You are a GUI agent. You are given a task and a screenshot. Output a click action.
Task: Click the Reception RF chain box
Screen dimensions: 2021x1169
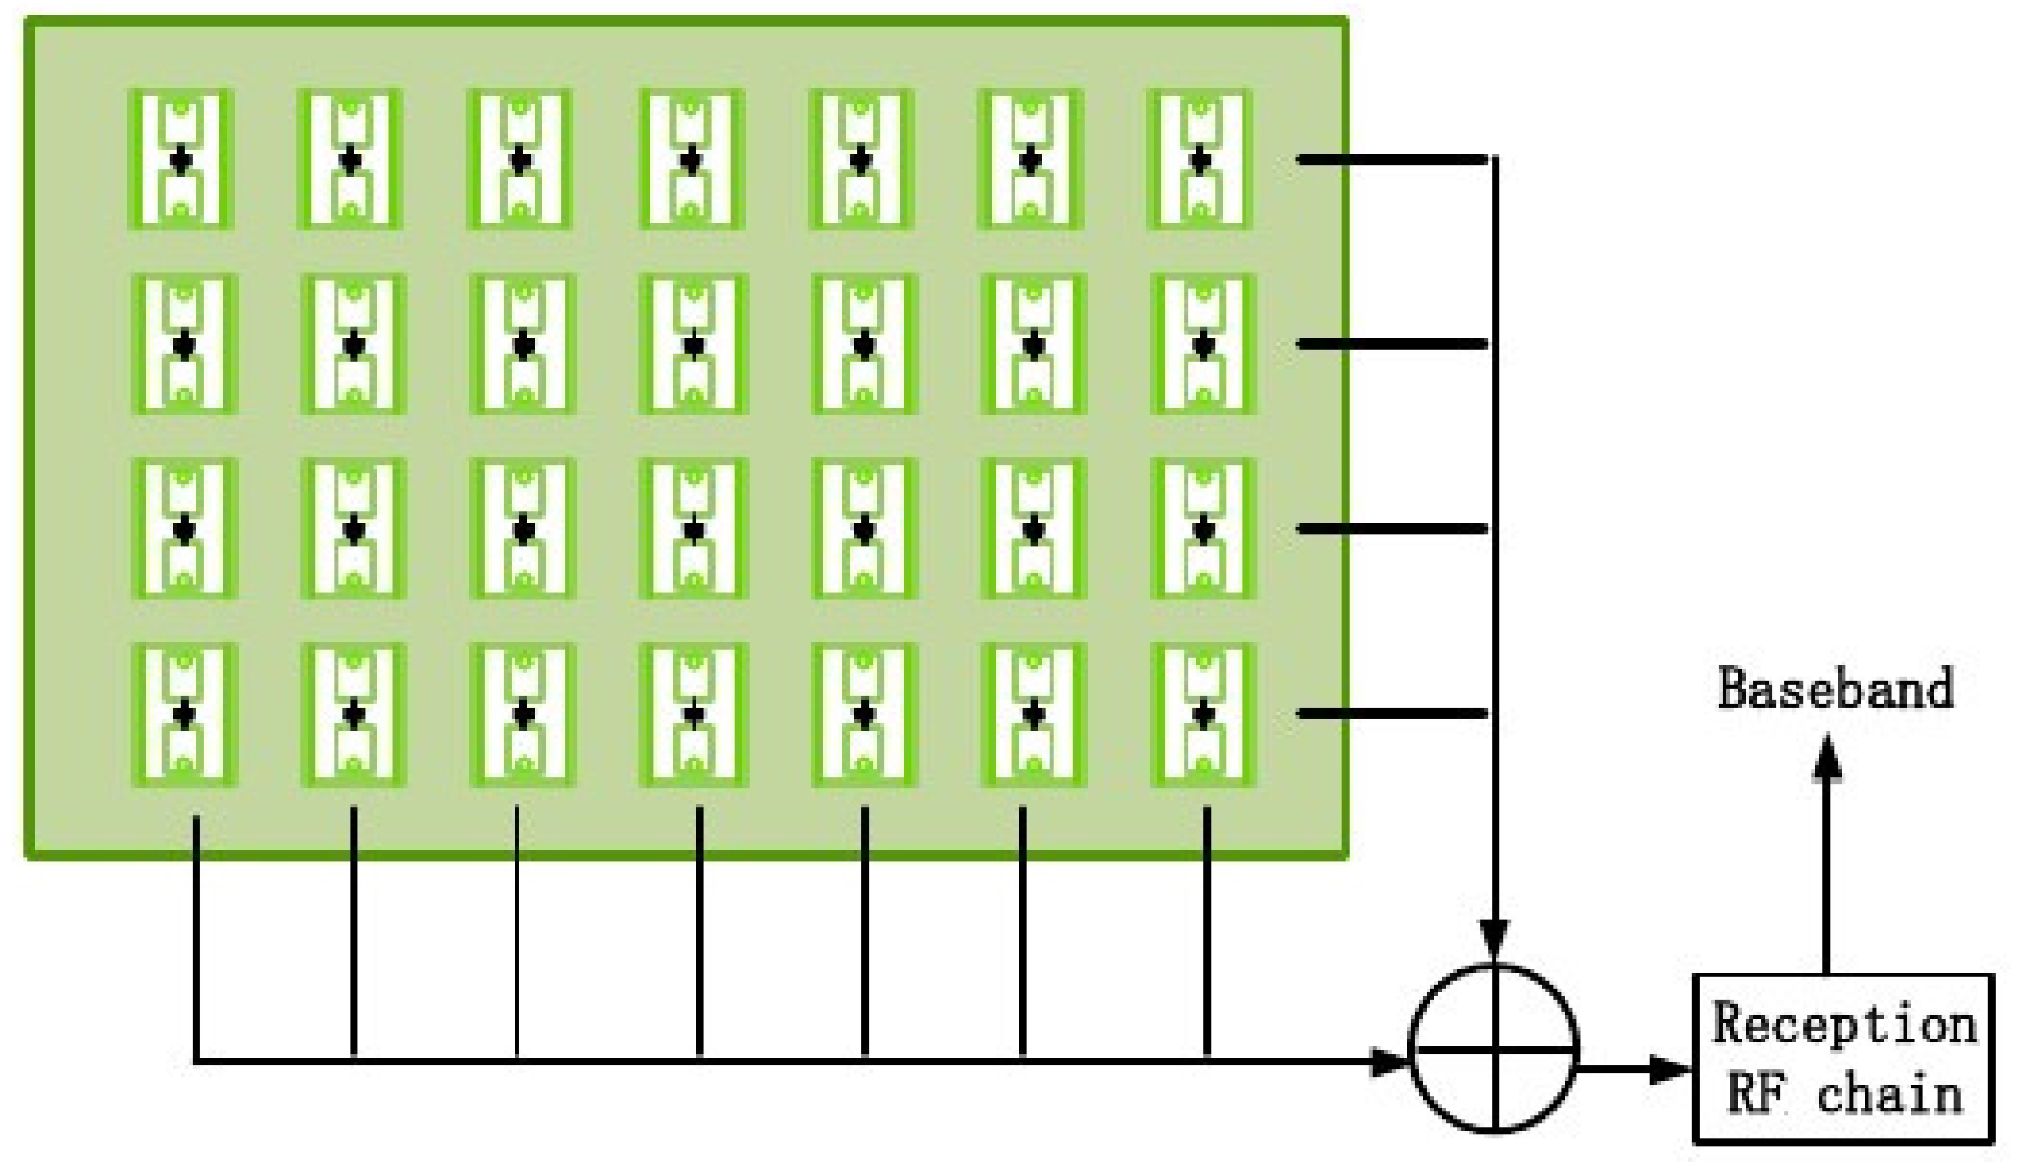coord(1842,1058)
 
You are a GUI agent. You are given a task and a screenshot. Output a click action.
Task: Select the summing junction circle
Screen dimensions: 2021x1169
coord(1495,1048)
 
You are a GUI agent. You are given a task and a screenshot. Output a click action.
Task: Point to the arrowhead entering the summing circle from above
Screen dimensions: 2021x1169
coord(1495,939)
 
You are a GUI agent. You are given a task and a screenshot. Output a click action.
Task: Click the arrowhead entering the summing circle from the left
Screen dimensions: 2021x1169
coord(1391,1062)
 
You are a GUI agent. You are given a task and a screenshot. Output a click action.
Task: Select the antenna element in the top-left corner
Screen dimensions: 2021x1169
coord(181,159)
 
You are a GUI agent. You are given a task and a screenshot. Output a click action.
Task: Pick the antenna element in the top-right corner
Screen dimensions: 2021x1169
coord(1200,159)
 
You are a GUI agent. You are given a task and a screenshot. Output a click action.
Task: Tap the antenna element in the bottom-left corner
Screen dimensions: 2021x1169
coord(184,714)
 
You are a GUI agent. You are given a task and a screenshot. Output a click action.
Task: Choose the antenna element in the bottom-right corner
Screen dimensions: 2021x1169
coord(1203,714)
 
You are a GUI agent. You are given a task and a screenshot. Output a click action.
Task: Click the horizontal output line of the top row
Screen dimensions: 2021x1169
coord(1392,160)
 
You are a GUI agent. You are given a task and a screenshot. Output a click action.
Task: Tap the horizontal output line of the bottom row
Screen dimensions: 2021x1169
coord(1392,713)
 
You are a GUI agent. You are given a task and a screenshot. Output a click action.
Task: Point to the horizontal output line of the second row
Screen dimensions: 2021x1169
coord(1392,344)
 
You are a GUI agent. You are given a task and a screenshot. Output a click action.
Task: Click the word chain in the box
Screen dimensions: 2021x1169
coord(1890,1095)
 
